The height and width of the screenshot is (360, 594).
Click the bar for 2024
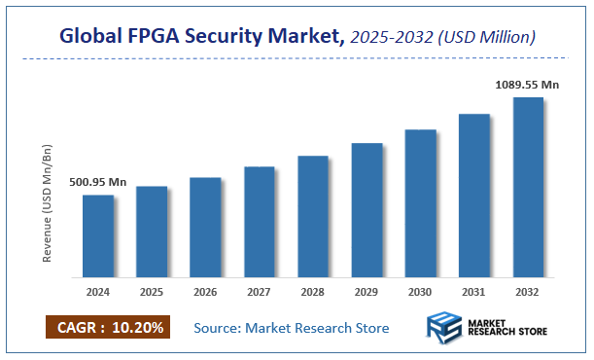(x=97, y=235)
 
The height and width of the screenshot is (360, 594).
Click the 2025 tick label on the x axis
(x=151, y=291)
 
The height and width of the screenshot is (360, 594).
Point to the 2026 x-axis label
(x=205, y=291)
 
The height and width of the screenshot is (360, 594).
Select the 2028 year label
(x=313, y=291)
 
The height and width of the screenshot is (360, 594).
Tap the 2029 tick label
(x=367, y=291)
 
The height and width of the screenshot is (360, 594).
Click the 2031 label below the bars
(x=474, y=291)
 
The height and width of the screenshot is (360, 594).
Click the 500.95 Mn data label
(x=98, y=182)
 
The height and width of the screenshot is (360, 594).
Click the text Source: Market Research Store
(x=292, y=327)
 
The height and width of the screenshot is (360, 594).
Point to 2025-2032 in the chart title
(x=392, y=37)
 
